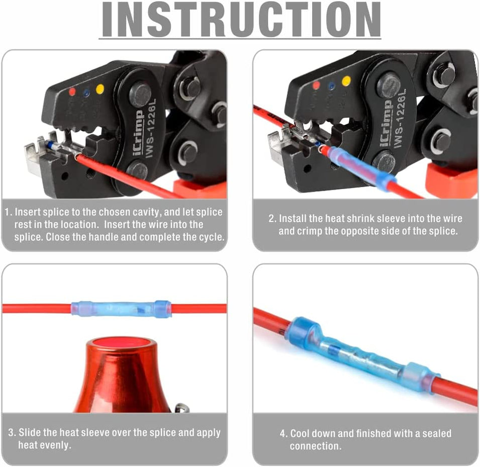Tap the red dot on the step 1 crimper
pyautogui.click(x=72, y=92)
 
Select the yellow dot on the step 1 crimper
pyautogui.click(x=100, y=89)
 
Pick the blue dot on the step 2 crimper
pyautogui.click(x=331, y=86)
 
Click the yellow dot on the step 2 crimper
pyautogui.click(x=346, y=81)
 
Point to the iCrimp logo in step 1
pyautogui.click(x=138, y=133)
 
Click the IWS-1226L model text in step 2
pyautogui.click(x=401, y=118)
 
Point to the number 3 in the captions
pyautogui.click(x=12, y=432)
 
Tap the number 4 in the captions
pyautogui.click(x=283, y=433)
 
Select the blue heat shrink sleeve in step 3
pyautogui.click(x=121, y=309)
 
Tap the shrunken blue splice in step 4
pyautogui.click(x=363, y=359)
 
